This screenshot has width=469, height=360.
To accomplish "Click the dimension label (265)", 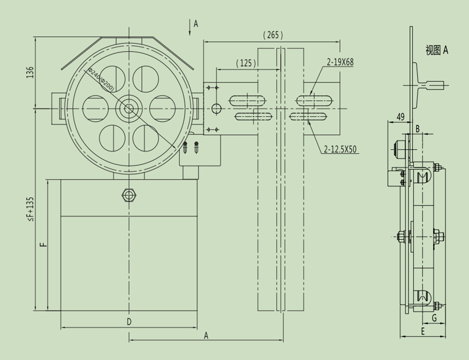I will coord(273,35).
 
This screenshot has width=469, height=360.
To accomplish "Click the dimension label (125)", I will coord(246,63).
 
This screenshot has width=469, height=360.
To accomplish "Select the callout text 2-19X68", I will coord(340,61).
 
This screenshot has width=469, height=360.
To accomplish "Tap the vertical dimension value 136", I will coord(30,72).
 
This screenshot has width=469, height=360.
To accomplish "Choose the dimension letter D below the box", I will coord(129,322).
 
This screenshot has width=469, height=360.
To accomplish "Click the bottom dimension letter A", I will coord(206,336).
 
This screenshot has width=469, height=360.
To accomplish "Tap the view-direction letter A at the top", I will coord(196,24).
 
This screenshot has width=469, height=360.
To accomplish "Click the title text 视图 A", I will coord(437,50).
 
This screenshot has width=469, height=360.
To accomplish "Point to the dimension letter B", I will coord(417,129).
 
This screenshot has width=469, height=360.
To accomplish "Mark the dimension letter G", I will coord(434,318).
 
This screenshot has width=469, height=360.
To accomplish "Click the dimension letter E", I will coord(423,330).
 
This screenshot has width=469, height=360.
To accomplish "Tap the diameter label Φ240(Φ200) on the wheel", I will coord(101,80).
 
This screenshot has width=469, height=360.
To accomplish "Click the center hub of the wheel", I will coord(129,108).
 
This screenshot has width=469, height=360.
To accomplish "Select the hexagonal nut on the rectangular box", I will coord(129,195).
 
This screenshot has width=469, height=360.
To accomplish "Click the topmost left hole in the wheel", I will coord(112,78).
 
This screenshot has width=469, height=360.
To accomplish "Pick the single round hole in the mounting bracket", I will coord(216,108).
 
